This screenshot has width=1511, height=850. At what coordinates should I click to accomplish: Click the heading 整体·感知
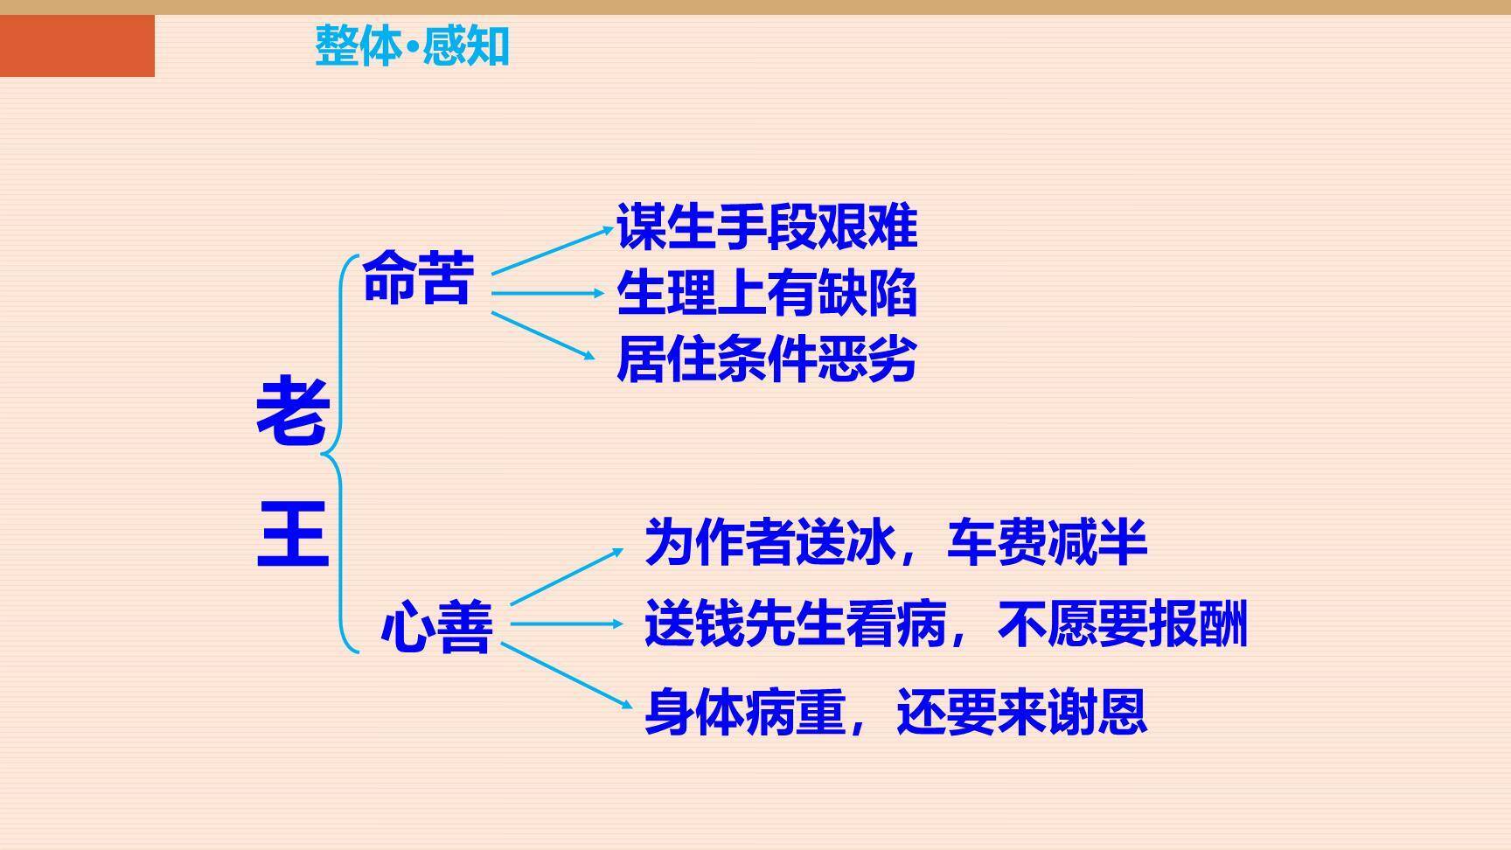(x=412, y=45)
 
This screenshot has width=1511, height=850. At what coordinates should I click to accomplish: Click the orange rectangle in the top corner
(x=77, y=45)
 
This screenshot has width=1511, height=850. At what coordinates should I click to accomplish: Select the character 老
(x=292, y=411)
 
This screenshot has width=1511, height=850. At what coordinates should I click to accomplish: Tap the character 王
(x=292, y=533)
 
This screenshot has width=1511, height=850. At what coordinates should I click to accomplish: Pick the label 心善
(x=436, y=626)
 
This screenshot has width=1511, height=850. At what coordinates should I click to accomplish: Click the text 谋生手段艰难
(x=766, y=226)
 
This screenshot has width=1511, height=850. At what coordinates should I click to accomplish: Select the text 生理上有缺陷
(x=766, y=293)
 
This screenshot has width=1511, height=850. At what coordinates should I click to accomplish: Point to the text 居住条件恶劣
(x=766, y=359)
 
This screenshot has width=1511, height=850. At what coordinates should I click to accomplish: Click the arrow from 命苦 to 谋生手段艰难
(x=551, y=251)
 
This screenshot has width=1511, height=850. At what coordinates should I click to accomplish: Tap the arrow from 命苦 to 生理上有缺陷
(x=547, y=293)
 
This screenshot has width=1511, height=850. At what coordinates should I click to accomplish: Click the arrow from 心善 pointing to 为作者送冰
(x=566, y=577)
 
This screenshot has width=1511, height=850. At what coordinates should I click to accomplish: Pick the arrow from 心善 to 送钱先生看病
(x=566, y=624)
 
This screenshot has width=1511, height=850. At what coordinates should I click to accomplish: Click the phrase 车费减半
(x=1046, y=542)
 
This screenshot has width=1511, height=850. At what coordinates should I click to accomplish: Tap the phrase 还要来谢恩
(x=1020, y=712)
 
